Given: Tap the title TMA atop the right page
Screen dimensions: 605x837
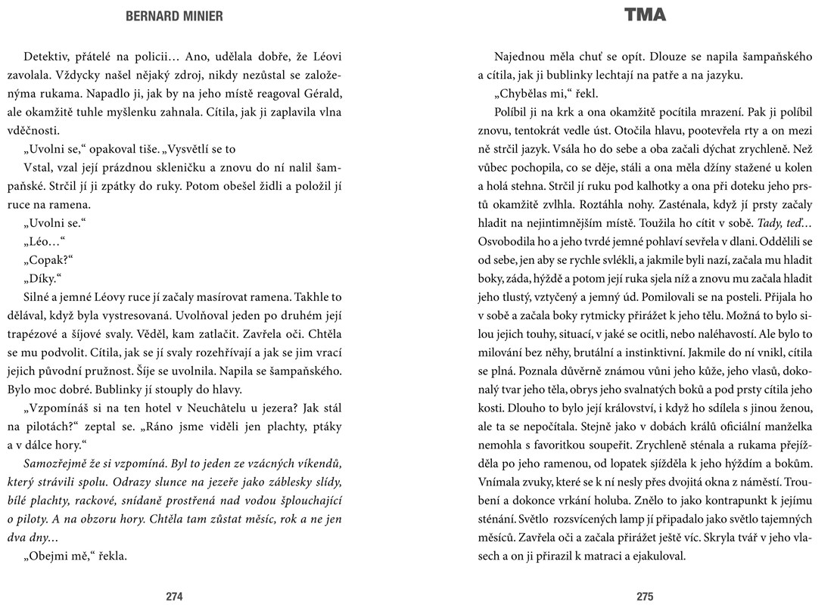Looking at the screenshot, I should coord(645,15).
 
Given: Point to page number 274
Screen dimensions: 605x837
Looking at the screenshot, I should coord(174,596).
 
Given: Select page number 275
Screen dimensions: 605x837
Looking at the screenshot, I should coord(645,596).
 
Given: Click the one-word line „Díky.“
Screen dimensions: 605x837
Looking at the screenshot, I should coord(45,278).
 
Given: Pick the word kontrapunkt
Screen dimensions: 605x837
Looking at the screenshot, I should coord(714,501).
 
